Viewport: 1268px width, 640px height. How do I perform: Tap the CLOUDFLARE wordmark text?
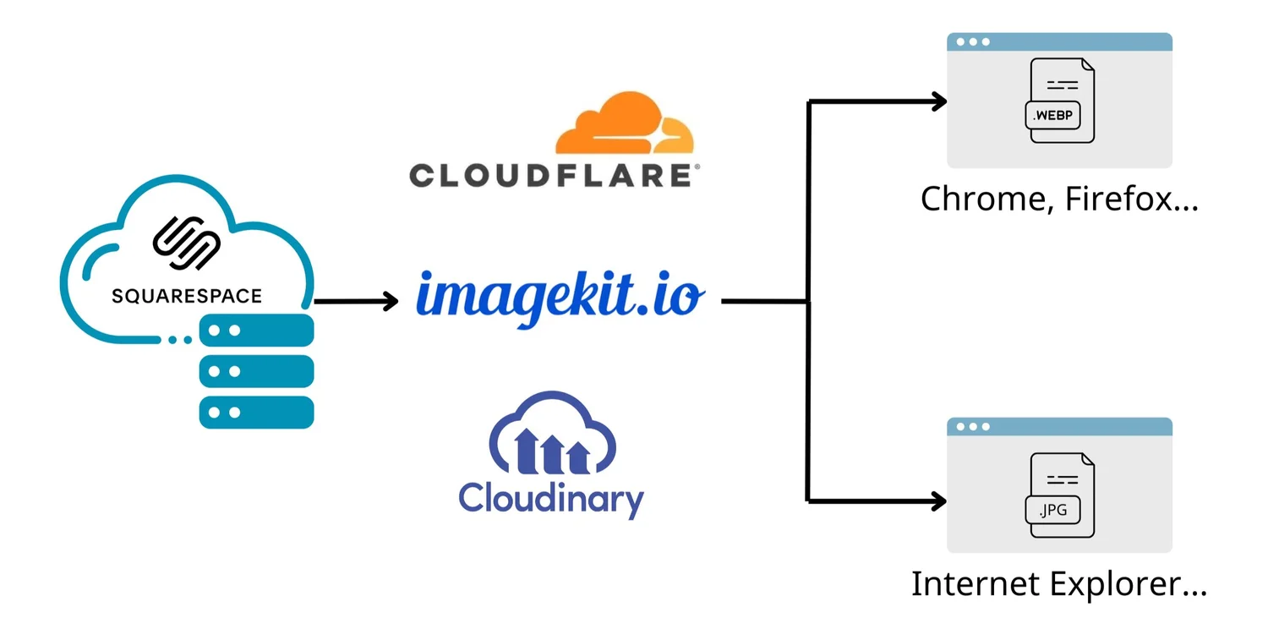pos(554,175)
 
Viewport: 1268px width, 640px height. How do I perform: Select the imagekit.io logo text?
pos(560,298)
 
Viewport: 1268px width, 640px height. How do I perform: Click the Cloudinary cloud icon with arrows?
pos(553,434)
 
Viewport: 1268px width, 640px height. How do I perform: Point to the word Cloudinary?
pos(551,498)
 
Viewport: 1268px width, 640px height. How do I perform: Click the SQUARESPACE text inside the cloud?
pos(187,296)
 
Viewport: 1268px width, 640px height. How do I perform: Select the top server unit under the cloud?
pos(256,331)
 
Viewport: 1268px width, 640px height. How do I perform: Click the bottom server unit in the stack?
pos(256,412)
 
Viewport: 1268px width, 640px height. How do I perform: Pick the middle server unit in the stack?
pos(256,371)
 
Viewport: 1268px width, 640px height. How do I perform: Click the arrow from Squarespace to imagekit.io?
pos(355,300)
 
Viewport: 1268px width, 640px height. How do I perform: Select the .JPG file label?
pos(1052,510)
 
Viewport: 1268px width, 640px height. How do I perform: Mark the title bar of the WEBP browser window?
pos(1059,41)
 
